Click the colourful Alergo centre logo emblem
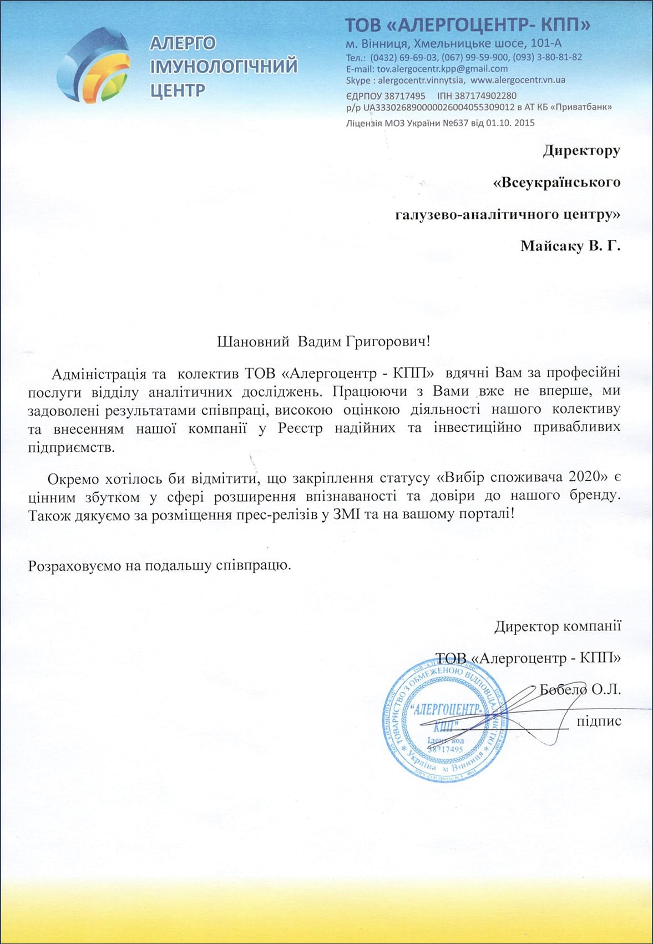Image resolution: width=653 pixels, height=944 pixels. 94,65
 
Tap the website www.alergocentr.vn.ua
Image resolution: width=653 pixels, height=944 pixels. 518,80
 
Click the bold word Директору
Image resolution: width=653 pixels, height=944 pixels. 581,150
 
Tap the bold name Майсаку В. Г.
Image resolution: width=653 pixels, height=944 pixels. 570,246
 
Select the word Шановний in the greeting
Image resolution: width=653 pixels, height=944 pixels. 253,341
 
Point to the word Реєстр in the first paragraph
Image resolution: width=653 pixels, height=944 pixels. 300,428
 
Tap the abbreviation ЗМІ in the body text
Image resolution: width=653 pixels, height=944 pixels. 348,514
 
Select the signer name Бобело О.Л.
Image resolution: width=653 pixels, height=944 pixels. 580,690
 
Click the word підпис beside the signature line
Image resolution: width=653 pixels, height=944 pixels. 599,721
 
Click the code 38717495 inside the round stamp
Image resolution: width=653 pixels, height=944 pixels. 445,749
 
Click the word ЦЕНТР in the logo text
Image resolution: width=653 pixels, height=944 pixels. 178,90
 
